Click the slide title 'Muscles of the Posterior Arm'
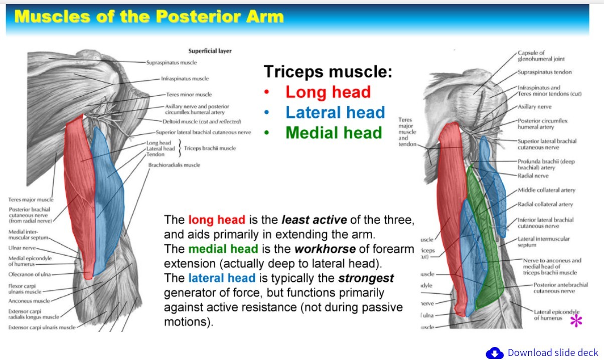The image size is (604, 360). click(x=149, y=17)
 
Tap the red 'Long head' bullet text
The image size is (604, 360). click(x=328, y=92)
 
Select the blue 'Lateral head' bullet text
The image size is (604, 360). click(x=335, y=112)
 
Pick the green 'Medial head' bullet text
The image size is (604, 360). click(x=334, y=133)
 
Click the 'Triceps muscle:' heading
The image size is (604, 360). click(x=328, y=71)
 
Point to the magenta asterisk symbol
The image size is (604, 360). click(x=576, y=321)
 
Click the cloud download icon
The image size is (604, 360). click(x=494, y=353)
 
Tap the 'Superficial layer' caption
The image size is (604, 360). click(x=210, y=51)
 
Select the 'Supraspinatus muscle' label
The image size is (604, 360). click(x=172, y=63)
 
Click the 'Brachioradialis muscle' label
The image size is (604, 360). click(x=174, y=165)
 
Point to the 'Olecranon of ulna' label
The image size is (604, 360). click(x=30, y=274)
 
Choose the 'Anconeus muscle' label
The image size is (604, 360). click(x=29, y=301)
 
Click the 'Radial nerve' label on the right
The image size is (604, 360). click(x=533, y=176)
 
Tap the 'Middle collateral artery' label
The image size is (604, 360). click(x=546, y=190)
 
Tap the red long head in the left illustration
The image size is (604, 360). click(x=79, y=191)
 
